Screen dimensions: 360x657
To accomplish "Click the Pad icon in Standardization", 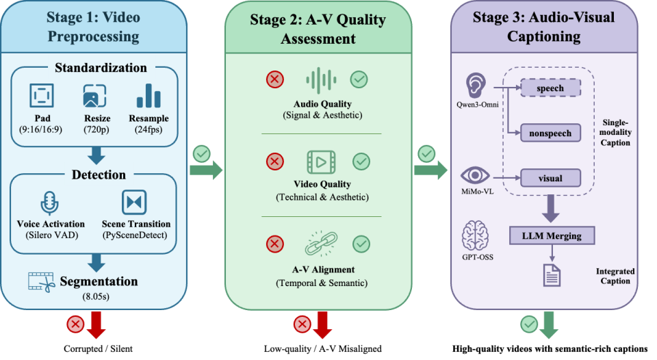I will tap(41, 95).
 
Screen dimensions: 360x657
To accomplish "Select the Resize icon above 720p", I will tap(94, 95).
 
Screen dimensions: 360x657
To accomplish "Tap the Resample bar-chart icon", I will tap(148, 95).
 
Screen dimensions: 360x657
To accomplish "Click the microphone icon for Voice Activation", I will tap(49, 203).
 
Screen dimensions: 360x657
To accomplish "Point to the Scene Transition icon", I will tap(134, 203).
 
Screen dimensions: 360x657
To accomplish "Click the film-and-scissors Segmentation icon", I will tap(41, 281).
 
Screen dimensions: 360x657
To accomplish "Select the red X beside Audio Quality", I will tap(275, 80).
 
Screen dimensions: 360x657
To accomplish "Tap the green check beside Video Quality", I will tap(359, 162).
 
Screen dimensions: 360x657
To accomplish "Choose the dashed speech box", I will tap(550, 88).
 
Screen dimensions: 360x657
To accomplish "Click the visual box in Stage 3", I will tap(550, 179).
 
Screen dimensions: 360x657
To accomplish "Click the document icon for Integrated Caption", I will tap(552, 274).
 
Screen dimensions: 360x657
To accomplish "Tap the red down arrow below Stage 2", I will tap(322, 327).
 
